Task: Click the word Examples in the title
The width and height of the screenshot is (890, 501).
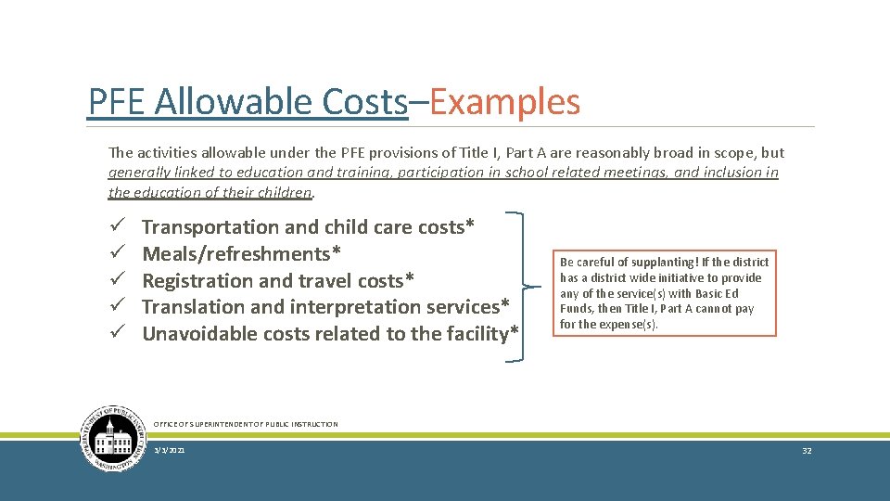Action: click(x=505, y=102)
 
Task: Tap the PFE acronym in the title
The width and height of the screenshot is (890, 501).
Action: click(x=118, y=102)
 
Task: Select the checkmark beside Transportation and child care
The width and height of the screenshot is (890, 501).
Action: click(x=115, y=227)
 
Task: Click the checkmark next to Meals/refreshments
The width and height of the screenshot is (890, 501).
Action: click(x=115, y=254)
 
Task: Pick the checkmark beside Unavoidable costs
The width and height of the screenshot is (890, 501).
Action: click(x=115, y=334)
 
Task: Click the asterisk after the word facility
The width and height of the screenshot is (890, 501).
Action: click(x=515, y=332)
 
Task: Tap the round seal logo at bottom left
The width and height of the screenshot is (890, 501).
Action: click(x=114, y=439)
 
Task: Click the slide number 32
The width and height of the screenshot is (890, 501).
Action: click(x=807, y=450)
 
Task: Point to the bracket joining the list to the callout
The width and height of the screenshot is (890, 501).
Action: click(x=533, y=287)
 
